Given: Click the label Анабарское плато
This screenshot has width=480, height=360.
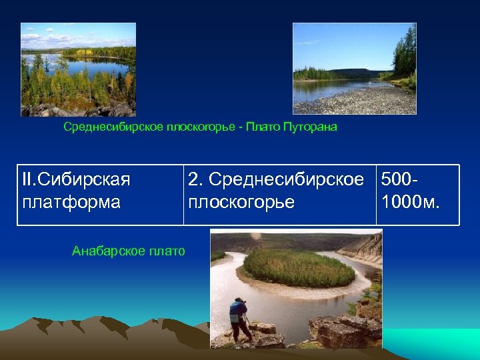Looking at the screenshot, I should (128, 251).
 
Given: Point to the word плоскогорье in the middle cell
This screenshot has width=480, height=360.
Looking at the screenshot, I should (241, 202).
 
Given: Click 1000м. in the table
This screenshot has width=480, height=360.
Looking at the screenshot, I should (410, 202).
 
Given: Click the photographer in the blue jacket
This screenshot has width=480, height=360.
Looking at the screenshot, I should (237, 319).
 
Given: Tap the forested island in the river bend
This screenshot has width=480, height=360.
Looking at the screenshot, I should (298, 267).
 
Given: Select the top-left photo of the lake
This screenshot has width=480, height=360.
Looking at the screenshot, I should (78, 69).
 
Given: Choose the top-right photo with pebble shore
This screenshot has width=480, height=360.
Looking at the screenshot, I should (354, 69).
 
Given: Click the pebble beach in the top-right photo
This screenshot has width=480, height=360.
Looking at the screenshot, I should (363, 101).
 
